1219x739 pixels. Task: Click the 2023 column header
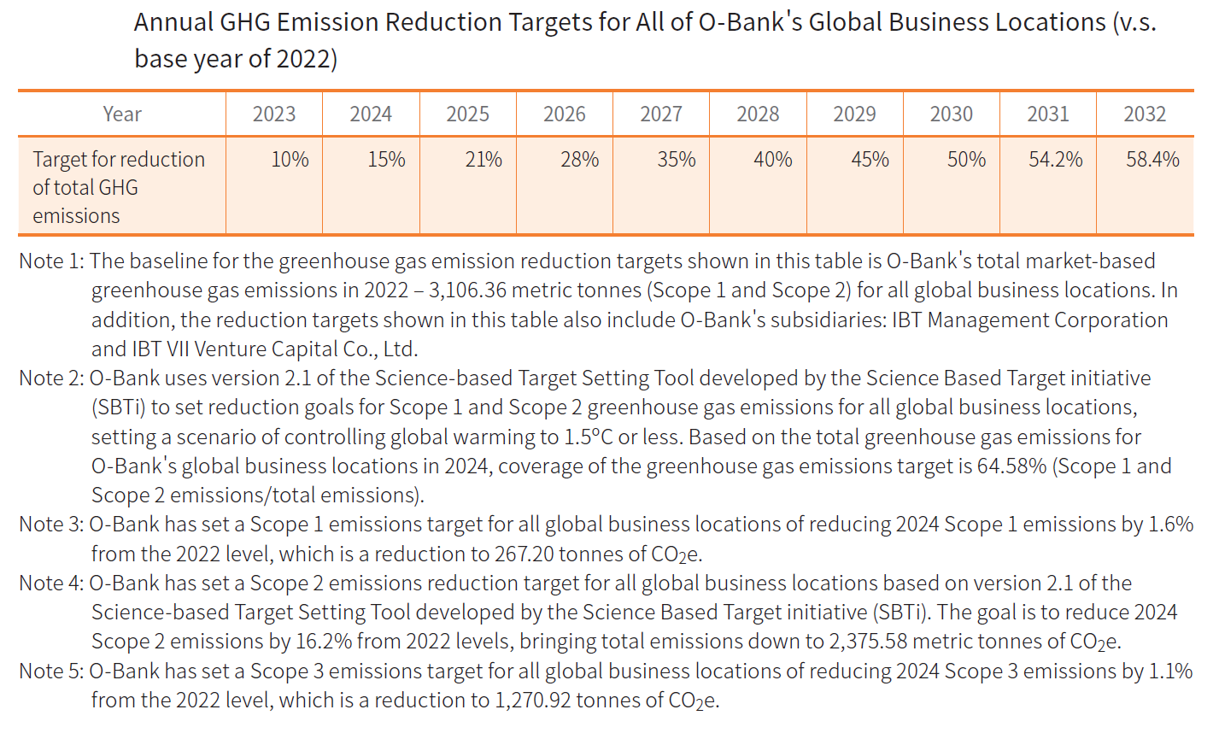point(274,114)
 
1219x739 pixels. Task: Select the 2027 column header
point(661,114)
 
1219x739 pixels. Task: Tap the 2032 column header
point(1145,114)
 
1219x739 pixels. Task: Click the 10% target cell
point(290,160)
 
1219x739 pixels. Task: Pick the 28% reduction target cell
point(580,160)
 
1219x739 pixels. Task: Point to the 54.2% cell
point(1056,160)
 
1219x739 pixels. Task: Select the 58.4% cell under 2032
point(1152,160)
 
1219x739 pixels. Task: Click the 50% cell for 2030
point(966,160)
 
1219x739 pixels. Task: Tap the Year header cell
point(122,114)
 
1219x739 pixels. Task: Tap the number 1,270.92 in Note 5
point(532,701)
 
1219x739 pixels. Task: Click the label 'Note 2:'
point(51,378)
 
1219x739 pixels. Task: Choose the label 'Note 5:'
point(51,672)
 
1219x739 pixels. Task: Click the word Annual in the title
point(171,22)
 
